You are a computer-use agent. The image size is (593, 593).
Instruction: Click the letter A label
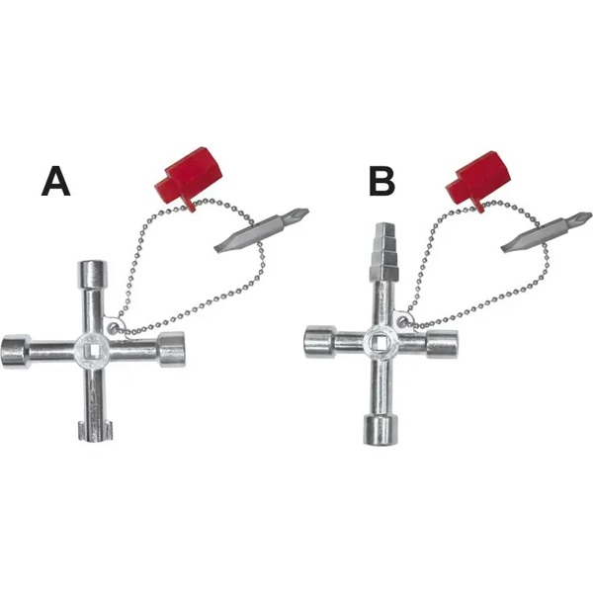coord(56,182)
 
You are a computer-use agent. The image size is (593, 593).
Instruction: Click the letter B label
coord(382,182)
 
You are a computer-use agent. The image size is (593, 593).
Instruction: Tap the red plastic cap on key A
coord(188,178)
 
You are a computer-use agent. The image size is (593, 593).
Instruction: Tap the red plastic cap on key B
coord(478,181)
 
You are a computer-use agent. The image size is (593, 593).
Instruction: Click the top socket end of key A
coord(92,272)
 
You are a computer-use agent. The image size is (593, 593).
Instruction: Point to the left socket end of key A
coord(16,351)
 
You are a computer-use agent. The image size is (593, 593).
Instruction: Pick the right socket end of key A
coord(171,350)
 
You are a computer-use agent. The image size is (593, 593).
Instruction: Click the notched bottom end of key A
coord(96,430)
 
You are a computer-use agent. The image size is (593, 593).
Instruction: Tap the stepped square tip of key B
coord(382,251)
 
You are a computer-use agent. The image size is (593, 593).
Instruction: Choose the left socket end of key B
coord(320,343)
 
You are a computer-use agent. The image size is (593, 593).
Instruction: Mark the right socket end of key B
coord(442,343)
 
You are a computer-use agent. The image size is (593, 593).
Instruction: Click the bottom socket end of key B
coord(381,430)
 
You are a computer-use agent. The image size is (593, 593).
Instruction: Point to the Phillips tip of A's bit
coord(302,213)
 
